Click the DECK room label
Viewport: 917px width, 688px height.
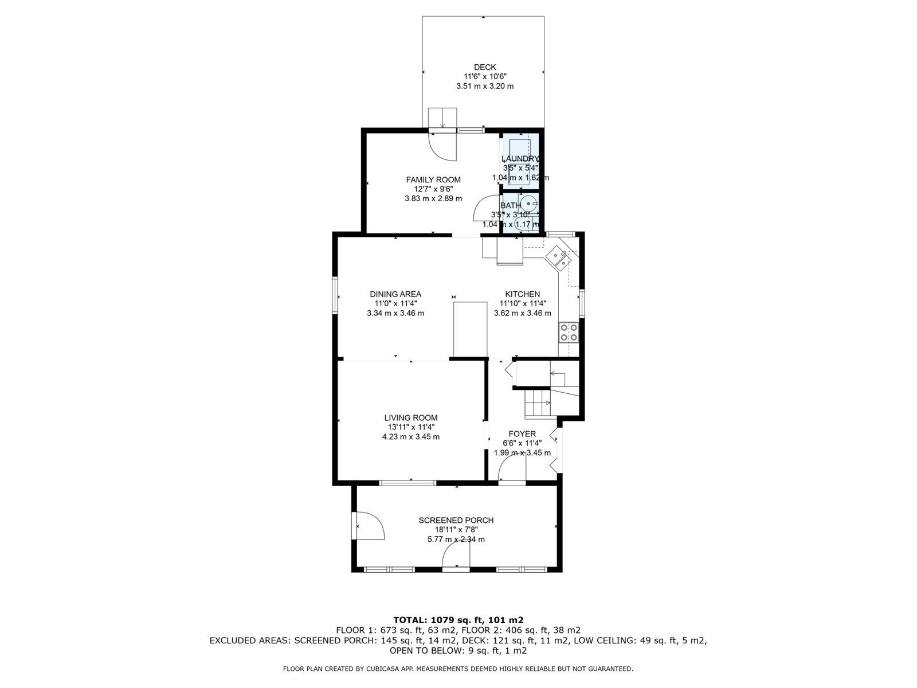[x=485, y=67]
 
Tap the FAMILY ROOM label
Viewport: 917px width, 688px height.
[x=433, y=179]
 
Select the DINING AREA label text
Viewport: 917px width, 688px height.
[x=395, y=294]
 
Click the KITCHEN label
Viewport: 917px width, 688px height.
[x=522, y=294]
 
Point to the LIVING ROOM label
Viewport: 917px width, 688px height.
[x=411, y=418]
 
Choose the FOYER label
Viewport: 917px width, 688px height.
[x=522, y=433]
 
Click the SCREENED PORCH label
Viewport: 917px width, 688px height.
[x=456, y=520]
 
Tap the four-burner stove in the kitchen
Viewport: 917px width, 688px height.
[x=569, y=333]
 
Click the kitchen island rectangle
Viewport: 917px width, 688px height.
[x=470, y=329]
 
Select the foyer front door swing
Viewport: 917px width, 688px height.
[x=512, y=468]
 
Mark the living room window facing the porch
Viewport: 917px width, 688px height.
[x=407, y=483]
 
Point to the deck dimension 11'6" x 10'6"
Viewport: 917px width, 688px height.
[x=485, y=76]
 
